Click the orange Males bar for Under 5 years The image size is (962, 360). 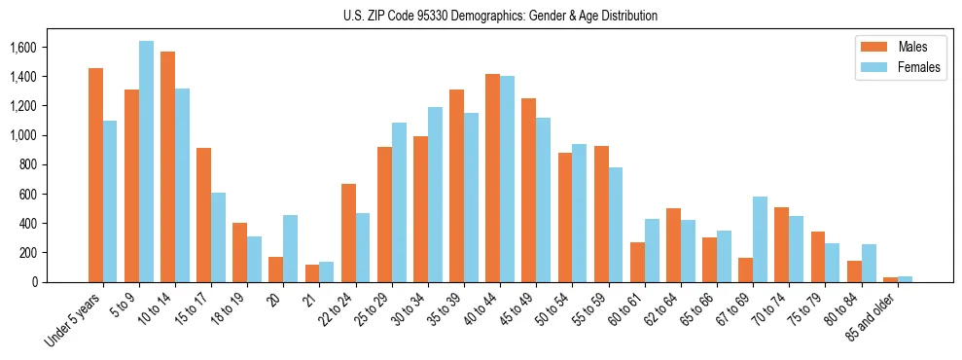[x=95, y=175]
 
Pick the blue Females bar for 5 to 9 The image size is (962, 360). [x=146, y=162]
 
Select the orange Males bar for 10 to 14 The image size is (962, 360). [x=167, y=166]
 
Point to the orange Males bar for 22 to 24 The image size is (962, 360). [x=347, y=233]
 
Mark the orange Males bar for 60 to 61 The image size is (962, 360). [x=637, y=262]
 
